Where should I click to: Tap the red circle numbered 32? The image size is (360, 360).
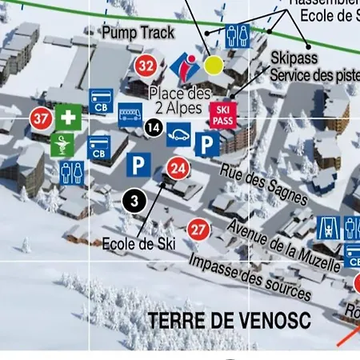point(146,65)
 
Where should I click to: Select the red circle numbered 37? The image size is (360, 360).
point(41,119)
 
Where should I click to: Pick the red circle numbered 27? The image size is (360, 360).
point(198,230)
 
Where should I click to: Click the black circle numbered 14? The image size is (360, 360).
point(154,126)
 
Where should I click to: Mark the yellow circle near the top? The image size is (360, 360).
point(214,64)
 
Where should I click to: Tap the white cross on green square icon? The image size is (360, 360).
point(68,118)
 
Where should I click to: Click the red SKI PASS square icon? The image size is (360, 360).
point(222,115)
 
